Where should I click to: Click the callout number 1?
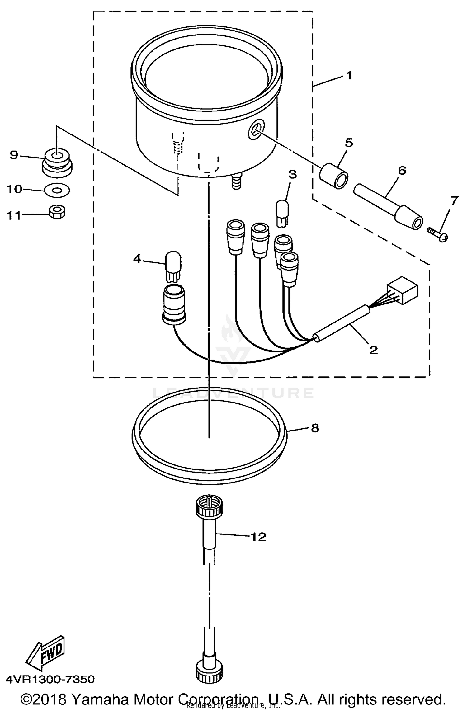click(x=349, y=75)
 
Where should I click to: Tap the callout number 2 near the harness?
click(x=373, y=350)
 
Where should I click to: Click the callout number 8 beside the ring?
click(x=315, y=428)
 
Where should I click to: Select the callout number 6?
click(x=402, y=171)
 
